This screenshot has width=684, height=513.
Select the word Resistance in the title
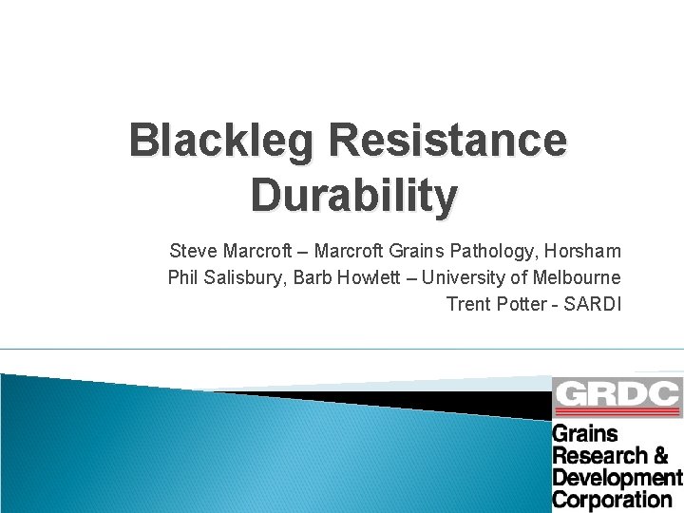[x=448, y=141]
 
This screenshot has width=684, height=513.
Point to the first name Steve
[x=192, y=252]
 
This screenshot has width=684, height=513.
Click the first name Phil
[x=182, y=278]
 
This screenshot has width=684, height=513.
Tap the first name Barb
[x=312, y=278]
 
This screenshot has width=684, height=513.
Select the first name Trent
[x=466, y=305]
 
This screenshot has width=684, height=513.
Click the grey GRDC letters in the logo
[x=617, y=393]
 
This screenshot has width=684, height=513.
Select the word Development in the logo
[x=617, y=477]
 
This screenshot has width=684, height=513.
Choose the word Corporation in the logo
[x=612, y=499]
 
